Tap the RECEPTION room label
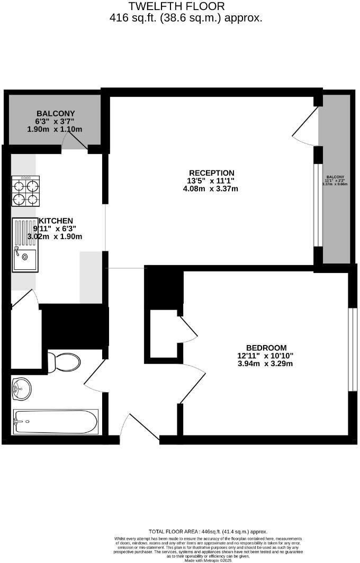point(212,173)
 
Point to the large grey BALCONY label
point(56,113)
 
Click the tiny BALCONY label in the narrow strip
point(335,177)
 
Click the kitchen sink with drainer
point(25,244)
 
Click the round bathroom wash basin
point(22,389)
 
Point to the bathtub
point(56,422)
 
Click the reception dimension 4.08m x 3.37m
point(212,189)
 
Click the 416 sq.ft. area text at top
point(185,18)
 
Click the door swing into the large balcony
point(76,141)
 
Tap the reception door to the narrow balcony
point(305,125)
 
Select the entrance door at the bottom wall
point(139,428)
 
